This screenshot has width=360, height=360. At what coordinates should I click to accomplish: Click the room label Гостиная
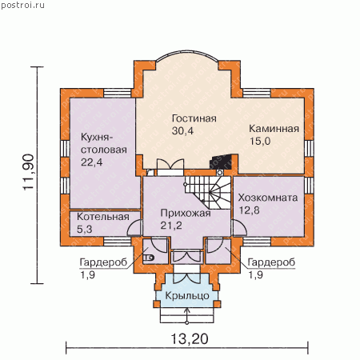pyautogui.click(x=194, y=118)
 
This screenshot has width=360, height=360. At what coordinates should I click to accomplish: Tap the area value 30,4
pyautogui.click(x=182, y=131)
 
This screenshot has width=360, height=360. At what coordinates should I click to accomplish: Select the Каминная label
pyautogui.click(x=274, y=129)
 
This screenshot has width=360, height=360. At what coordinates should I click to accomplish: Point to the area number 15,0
pyautogui.click(x=260, y=141)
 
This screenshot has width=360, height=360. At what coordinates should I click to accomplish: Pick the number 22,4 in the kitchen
pyautogui.click(x=91, y=162)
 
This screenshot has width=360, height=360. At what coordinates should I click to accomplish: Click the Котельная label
pyautogui.click(x=103, y=217)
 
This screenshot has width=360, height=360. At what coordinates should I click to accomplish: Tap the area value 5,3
pyautogui.click(x=85, y=229)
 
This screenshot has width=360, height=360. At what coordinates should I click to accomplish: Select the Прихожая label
pyautogui.click(x=186, y=213)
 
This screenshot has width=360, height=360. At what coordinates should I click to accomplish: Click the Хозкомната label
pyautogui.click(x=268, y=198)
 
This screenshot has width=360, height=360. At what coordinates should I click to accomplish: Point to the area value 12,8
pyautogui.click(x=249, y=210)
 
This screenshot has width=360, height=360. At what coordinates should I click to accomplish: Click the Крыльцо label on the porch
pyautogui.click(x=187, y=296)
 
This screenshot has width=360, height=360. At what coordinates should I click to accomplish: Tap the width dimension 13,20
pyautogui.click(x=189, y=339)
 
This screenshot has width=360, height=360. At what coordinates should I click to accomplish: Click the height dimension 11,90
pyautogui.click(x=29, y=172)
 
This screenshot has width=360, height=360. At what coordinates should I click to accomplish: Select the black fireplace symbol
pyautogui.click(x=221, y=162)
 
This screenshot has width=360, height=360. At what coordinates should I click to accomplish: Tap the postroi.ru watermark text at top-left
pyautogui.click(x=22, y=5)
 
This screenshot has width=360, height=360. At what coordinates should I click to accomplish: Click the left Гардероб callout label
pyautogui.click(x=103, y=262)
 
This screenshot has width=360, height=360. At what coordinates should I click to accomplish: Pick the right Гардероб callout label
pyautogui.click(x=271, y=262)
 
